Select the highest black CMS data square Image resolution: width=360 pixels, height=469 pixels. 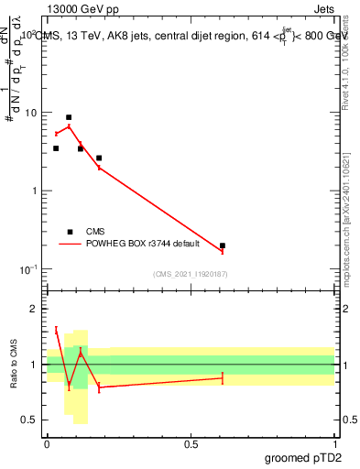(69, 117)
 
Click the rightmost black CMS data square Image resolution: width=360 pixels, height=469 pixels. (223, 245)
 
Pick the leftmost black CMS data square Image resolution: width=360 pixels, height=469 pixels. (56, 148)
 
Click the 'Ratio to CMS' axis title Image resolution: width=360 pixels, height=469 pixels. (14, 364)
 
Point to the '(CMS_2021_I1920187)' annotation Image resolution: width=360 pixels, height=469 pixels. (191, 274)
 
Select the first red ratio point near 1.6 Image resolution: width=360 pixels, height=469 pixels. (56, 330)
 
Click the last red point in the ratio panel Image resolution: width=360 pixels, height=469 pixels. (223, 378)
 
